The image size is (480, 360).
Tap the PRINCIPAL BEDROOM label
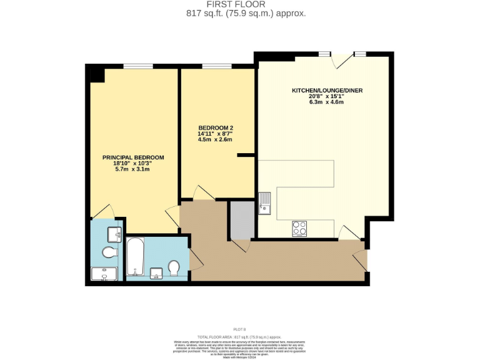(x=133, y=157)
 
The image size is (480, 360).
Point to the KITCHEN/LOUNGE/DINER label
(x=327, y=91)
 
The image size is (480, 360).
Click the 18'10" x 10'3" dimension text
(x=132, y=163)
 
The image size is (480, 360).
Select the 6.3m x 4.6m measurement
(x=326, y=102)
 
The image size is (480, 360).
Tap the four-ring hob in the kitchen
(x=299, y=229)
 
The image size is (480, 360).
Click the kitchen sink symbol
(x=265, y=203)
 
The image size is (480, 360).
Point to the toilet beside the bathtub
(x=174, y=268)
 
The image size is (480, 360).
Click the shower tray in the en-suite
(x=103, y=274)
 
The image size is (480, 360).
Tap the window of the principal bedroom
(x=138, y=66)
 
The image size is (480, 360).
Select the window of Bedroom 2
(x=216, y=66)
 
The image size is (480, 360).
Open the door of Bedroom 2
(x=204, y=194)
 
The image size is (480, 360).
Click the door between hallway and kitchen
(x=349, y=234)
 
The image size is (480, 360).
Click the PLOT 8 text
(x=240, y=329)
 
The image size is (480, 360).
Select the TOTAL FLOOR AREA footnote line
(x=240, y=336)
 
